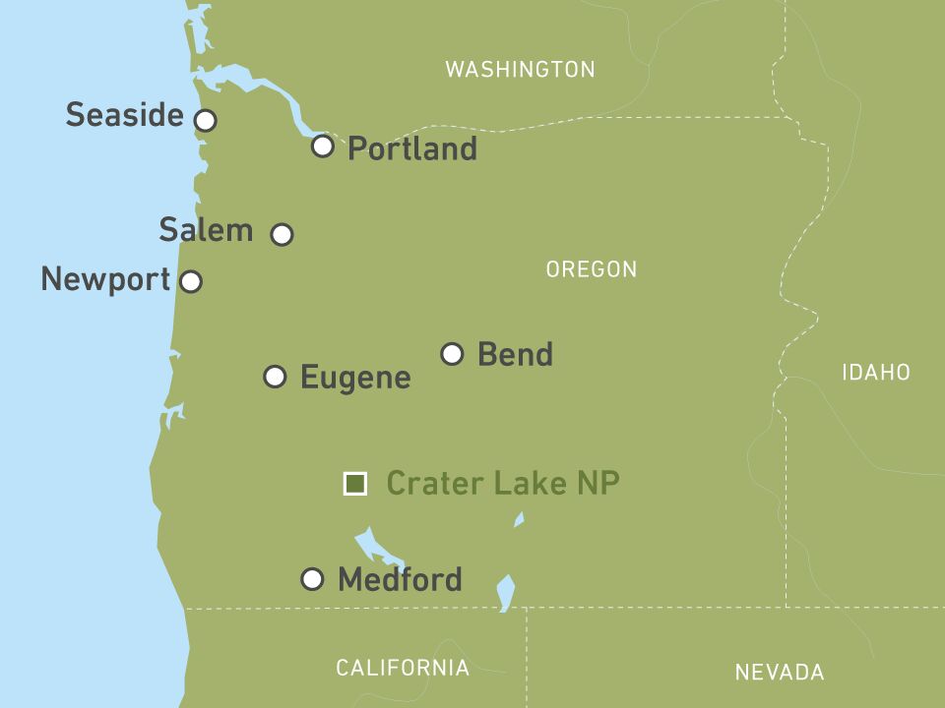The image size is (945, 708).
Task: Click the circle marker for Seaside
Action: (x=205, y=120)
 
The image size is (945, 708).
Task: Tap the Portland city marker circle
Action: (x=322, y=147)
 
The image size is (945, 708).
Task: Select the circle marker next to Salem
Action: (x=282, y=234)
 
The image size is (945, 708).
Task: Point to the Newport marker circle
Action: (x=191, y=281)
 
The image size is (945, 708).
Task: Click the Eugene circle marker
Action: (x=276, y=377)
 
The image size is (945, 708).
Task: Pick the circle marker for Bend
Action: (x=452, y=354)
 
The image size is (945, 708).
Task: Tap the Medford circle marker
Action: (x=312, y=579)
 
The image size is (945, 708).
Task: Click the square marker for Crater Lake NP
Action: (x=354, y=484)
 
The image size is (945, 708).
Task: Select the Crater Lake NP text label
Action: (x=502, y=484)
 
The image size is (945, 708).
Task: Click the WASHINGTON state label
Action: (x=520, y=70)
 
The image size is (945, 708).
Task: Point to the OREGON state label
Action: (x=591, y=269)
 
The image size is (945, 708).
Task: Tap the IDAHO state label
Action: (x=875, y=373)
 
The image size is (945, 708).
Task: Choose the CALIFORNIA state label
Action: (x=403, y=669)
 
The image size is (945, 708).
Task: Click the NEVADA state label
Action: (x=779, y=673)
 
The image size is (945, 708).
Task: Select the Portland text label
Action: (x=411, y=149)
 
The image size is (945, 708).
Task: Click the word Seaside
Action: (x=124, y=115)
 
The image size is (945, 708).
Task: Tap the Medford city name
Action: (x=399, y=580)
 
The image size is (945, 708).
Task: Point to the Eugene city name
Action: (x=354, y=378)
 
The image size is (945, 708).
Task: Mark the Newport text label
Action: (x=105, y=280)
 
